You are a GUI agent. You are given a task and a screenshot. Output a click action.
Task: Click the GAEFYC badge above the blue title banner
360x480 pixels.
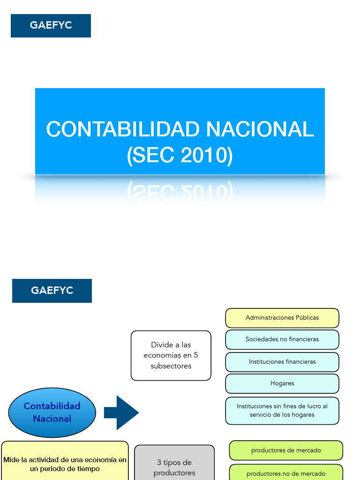click(x=51, y=25)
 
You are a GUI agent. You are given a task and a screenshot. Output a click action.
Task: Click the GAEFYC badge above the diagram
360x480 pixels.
click(x=52, y=291)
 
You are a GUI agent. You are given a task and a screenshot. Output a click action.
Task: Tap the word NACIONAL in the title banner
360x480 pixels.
click(x=259, y=129)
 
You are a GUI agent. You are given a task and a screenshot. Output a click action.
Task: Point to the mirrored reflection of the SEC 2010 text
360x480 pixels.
click(x=180, y=191)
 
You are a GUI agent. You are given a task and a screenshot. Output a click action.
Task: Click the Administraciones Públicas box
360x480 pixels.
click(x=282, y=318)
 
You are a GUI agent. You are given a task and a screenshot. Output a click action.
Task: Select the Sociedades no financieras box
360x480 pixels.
click(x=282, y=339)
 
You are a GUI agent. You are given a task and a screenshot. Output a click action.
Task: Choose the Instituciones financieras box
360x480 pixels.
click(x=282, y=362)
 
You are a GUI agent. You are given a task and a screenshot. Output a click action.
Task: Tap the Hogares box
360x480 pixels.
click(x=282, y=383)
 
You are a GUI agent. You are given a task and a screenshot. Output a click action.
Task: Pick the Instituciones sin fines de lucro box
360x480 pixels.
click(x=282, y=411)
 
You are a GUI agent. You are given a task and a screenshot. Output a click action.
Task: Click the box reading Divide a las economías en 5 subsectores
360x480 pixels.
click(x=171, y=355)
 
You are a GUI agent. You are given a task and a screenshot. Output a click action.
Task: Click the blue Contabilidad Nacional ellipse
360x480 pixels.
click(x=52, y=412)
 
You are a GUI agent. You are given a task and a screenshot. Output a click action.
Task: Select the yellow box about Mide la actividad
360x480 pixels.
click(x=65, y=462)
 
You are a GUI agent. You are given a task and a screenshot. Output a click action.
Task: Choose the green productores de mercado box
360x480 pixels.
click(x=286, y=450)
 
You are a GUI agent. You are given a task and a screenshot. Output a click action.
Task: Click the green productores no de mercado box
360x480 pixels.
click(x=286, y=472)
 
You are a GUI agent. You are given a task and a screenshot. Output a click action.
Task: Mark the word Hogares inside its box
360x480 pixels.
click(x=282, y=383)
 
